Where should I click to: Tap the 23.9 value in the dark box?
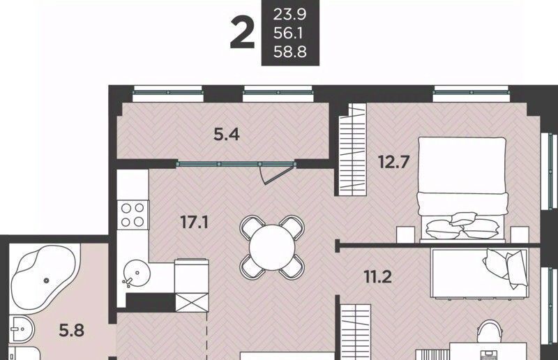coord(289,15)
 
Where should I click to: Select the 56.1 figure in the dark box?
coord(288,33)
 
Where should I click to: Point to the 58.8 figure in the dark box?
coord(289,52)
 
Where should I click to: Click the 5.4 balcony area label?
coord(227,135)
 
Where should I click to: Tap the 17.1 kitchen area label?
coord(195,222)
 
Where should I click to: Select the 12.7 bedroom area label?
coord(394,162)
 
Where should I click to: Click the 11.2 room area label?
coord(378,277)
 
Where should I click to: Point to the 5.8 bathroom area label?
coord(72,331)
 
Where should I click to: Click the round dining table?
coord(272,248)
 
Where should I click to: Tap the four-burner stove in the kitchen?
coord(133,215)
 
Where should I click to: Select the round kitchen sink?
coord(137,273)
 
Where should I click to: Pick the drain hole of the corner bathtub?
coord(46,280)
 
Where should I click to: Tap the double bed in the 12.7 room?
coord(462,190)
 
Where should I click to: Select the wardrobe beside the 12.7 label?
coord(352,149)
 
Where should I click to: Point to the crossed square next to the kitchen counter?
coord(192,302)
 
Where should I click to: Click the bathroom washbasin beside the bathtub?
coord(22,329)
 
